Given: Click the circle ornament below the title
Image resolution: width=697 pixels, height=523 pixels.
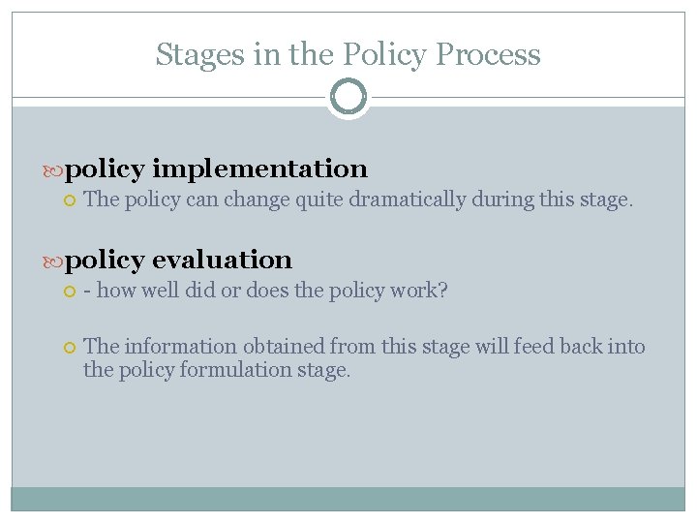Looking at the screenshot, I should tap(348, 97).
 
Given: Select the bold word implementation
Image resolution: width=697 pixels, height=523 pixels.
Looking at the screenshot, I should tap(259, 169).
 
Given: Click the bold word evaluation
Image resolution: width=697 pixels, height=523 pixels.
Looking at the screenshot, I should tap(222, 260).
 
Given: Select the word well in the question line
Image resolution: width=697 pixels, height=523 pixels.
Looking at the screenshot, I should tap(156, 292).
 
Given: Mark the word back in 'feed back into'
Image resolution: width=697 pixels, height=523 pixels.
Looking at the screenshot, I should tap(591, 347).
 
